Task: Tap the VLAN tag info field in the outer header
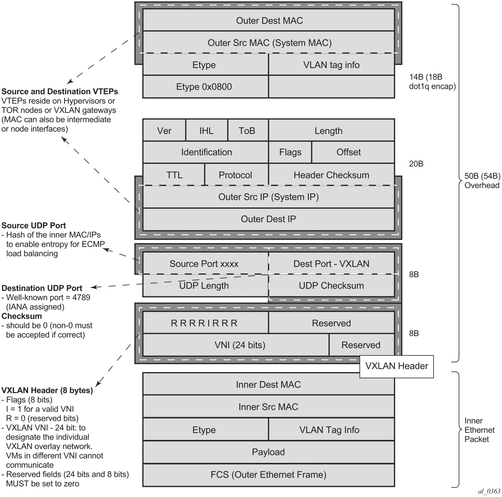331,65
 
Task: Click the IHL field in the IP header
206,131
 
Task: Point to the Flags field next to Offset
290,152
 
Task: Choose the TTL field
174,175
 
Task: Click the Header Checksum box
331,175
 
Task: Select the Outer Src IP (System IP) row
269,197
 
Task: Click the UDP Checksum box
331,286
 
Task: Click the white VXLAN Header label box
396,366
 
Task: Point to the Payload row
269,452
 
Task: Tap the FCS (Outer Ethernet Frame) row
269,475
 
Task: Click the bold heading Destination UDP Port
42,288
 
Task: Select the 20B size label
416,164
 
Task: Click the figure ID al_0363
489,491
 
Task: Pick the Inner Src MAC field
269,407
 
